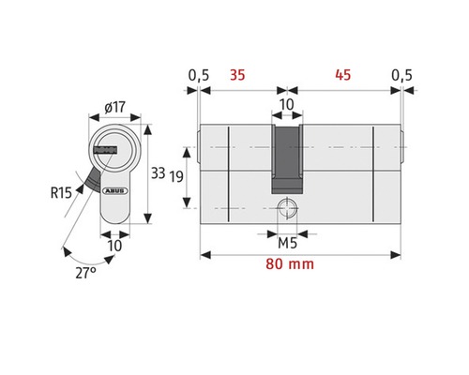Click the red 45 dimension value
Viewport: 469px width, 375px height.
tap(340, 75)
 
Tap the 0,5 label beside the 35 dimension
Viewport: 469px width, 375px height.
tap(198, 75)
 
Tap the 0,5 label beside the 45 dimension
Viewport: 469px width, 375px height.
tap(401, 75)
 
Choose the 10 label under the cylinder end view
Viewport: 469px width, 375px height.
tap(113, 245)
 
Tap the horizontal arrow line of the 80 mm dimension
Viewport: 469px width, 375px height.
tap(244, 255)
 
